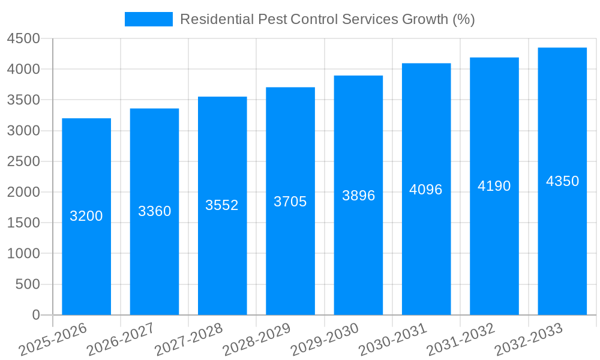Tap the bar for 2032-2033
[x=562, y=252]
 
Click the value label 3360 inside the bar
[x=155, y=211]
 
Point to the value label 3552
[x=222, y=205]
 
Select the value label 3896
[x=358, y=196]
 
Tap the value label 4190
[x=494, y=186]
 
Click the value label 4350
[x=562, y=181]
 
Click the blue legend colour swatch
[x=148, y=19]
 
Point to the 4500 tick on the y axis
[x=23, y=38]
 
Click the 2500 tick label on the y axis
[x=23, y=161]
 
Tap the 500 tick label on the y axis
[x=28, y=284]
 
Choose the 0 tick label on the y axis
[x=35, y=315]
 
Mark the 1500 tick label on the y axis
[x=23, y=223]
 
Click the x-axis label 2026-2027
[x=120, y=340]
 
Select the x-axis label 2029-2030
[x=324, y=340]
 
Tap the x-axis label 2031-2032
[x=460, y=340]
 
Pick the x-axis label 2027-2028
[x=188, y=340]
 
